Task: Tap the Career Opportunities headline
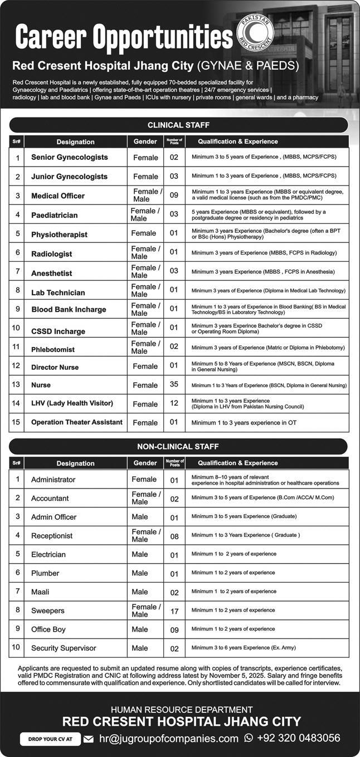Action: click(124, 38)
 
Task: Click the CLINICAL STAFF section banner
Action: click(178, 125)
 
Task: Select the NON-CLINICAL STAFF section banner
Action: click(178, 446)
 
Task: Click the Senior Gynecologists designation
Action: click(70, 158)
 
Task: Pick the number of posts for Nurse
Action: click(174, 385)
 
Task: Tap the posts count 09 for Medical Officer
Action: click(174, 196)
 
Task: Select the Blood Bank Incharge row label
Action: click(69, 309)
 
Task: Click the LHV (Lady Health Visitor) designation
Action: click(72, 403)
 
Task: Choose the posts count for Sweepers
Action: click(174, 611)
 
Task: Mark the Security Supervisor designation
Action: click(64, 648)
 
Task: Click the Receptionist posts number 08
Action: click(174, 536)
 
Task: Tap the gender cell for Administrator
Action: click(144, 480)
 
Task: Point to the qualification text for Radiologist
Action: click(264, 253)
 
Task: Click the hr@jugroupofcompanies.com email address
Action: click(168, 739)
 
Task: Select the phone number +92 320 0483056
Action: click(298, 738)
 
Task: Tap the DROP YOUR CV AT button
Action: click(50, 739)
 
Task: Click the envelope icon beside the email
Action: click(88, 739)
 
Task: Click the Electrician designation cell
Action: click(48, 555)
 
